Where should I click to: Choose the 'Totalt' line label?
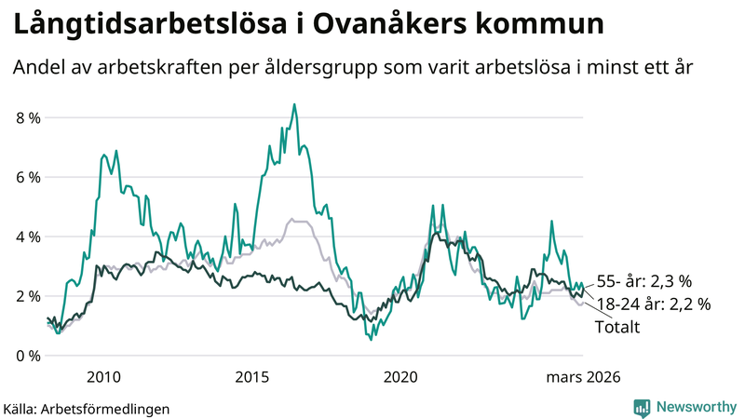[x=616, y=327]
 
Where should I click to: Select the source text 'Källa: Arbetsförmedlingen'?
[x=86, y=408]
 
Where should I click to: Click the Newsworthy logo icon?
[x=643, y=407]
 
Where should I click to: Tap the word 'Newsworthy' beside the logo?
[x=695, y=407]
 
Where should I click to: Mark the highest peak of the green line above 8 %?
[x=294, y=104]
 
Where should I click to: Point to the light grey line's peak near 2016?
[x=291, y=220]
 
